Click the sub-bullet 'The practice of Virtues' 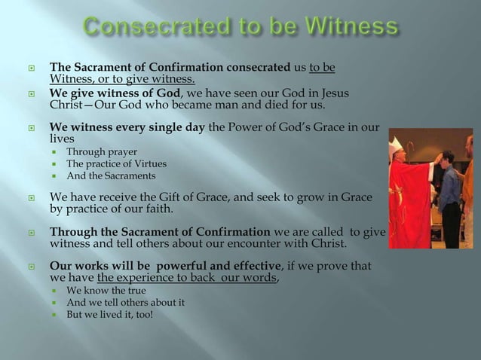pyautogui.click(x=117, y=164)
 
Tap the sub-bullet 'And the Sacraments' pyautogui.click(x=111, y=175)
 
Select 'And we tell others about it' pyautogui.click(x=125, y=302)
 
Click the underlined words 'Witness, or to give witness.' pyautogui.click(x=121, y=80)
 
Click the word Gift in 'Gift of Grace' pyautogui.click(x=194, y=197)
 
